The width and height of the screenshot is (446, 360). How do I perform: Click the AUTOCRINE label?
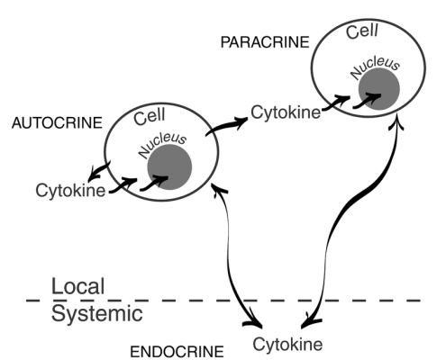coord(57,123)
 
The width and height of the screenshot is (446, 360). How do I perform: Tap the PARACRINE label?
coord(265,42)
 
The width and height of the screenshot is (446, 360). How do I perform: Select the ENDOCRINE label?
coord(177,352)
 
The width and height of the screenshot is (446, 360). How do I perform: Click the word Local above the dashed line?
coord(78,286)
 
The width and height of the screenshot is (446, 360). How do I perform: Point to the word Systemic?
coord(97,314)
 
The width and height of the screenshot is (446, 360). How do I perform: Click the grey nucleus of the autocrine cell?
coord(169,166)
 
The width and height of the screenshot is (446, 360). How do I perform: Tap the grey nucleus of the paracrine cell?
coord(379,89)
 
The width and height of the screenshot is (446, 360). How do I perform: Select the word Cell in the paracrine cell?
coord(362,31)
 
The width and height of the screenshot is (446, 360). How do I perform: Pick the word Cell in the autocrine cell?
coord(150,117)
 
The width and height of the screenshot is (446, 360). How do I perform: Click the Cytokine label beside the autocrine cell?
coord(70,190)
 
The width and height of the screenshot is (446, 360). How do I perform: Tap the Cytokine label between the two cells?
coord(286,112)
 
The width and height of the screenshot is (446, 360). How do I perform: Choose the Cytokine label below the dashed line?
coord(287,344)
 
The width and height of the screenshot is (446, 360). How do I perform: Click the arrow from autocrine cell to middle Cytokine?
coord(227,125)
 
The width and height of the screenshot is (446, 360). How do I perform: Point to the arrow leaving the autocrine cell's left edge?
coord(99,171)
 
